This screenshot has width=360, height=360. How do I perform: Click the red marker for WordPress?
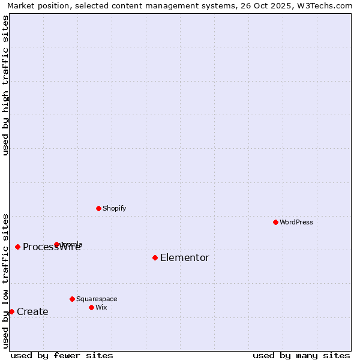pos(275,222)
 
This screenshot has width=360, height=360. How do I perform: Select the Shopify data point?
pos(98,208)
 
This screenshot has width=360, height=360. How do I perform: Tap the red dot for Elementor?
pos(155,257)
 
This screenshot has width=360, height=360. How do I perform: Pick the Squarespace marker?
pos(72,299)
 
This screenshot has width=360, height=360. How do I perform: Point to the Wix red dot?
pos(91,307)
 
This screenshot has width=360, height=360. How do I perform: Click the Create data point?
pos(11,311)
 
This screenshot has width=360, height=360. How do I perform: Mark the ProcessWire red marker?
pos(17,247)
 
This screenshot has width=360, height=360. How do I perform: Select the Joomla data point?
pos(56,244)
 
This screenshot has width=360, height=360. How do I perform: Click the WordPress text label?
pos(296,223)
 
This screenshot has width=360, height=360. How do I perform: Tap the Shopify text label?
pos(115,209)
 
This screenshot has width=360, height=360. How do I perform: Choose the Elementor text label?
pos(185,258)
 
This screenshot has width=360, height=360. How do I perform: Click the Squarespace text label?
pos(97,299)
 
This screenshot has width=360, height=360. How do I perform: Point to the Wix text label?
pos(101,308)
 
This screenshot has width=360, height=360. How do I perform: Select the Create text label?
pos(32,312)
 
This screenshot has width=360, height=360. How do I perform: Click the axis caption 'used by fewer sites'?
pos(62,356)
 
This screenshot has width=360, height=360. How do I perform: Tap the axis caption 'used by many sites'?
pos(301,356)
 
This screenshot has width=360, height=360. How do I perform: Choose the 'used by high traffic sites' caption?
pos(5,85)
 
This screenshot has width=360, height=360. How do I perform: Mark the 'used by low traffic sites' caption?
pos(5,281)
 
